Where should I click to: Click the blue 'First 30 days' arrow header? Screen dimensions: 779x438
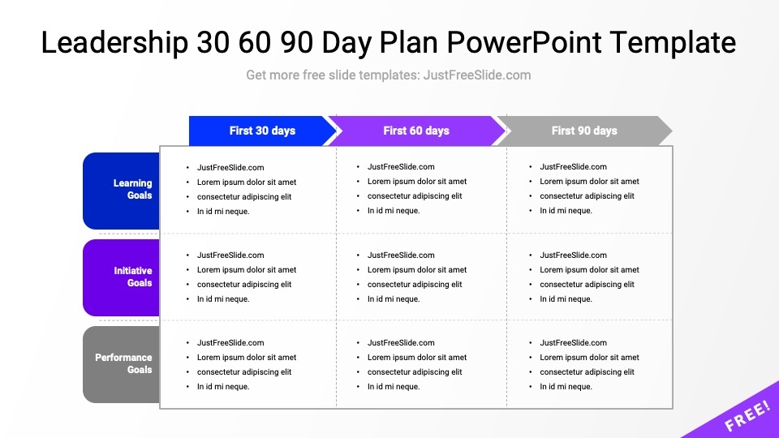coord(262,131)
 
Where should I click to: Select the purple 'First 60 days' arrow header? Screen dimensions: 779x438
coord(416,131)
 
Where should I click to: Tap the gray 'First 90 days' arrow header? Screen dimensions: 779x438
coord(584,131)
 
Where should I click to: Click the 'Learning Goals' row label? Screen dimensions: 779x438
coord(121,191)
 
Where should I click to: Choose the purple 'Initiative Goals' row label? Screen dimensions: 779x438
coord(121,277)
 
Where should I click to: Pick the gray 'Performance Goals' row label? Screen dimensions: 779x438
coord(121,364)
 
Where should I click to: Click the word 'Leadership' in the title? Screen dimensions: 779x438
coord(114,43)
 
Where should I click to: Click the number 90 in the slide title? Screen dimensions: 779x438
coord(297,42)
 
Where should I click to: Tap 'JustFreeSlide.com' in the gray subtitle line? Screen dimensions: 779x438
coord(477,75)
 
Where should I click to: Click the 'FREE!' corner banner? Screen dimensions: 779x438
coord(740,413)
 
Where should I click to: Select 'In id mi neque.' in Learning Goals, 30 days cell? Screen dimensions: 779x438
coord(223,212)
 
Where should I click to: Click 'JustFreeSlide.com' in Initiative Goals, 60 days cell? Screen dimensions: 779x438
coord(401,255)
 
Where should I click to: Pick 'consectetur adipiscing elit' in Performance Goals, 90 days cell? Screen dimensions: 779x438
coord(587,372)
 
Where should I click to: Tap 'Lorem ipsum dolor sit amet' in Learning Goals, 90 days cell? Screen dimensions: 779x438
coord(589,182)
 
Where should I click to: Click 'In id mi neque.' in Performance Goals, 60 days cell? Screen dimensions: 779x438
coord(394,387)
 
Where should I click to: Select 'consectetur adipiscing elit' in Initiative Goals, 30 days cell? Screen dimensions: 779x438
coord(244,285)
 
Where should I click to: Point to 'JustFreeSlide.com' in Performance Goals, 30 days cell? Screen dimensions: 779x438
coord(230,342)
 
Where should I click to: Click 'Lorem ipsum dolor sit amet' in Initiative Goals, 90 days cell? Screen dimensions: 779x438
coord(589,270)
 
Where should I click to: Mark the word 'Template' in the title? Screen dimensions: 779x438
coord(673,43)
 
